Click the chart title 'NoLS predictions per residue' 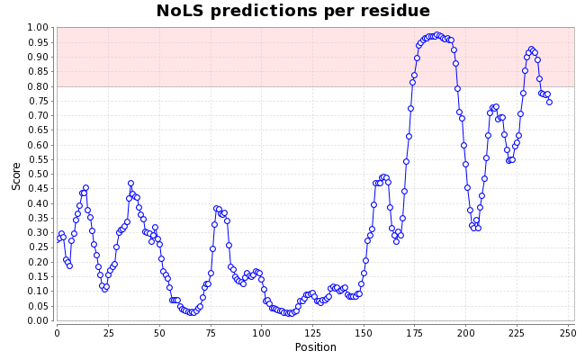click(x=292, y=12)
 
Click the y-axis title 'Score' click(x=16, y=175)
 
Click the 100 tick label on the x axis click(x=261, y=333)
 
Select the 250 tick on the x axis click(x=568, y=333)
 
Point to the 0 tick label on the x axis click(x=57, y=333)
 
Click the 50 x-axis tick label click(x=159, y=333)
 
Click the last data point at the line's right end click(x=549, y=102)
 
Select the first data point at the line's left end click(x=58, y=238)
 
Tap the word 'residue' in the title click(x=396, y=12)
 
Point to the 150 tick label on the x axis click(x=364, y=333)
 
